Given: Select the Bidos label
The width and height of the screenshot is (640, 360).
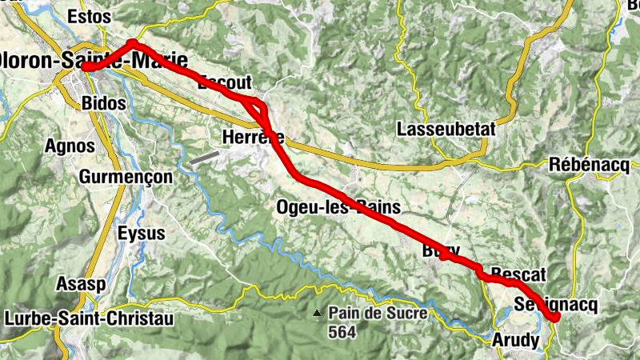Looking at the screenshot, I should [x=104, y=103].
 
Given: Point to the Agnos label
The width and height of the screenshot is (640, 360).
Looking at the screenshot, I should [x=70, y=146].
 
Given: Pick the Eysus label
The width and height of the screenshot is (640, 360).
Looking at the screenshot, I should [x=141, y=234].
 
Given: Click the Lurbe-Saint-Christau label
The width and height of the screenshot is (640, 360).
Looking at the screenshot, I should [x=89, y=318].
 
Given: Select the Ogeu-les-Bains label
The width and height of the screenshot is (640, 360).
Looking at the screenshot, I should [x=338, y=207].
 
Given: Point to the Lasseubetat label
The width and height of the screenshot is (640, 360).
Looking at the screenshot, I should [x=446, y=129].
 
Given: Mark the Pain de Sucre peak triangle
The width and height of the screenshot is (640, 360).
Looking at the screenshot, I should [x=318, y=313].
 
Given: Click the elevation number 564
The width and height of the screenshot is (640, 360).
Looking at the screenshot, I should [x=342, y=330].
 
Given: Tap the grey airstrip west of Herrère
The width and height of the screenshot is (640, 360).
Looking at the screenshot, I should [x=204, y=158].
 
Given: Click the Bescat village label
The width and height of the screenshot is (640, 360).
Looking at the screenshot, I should [x=518, y=275].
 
